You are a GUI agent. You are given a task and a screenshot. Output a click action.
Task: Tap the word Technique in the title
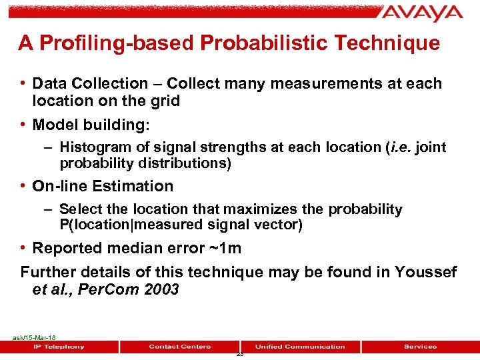(x=391, y=43)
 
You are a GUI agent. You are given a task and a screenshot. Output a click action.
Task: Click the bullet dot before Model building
(x=24, y=125)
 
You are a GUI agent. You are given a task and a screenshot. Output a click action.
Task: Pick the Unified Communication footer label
(x=300, y=347)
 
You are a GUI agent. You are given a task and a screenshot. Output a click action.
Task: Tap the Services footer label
(x=420, y=347)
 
